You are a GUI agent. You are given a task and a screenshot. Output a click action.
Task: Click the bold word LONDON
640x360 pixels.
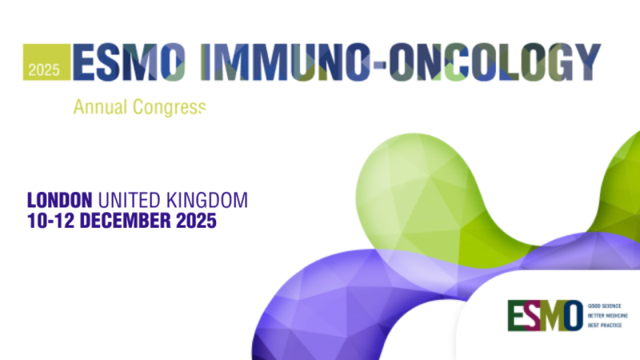point(61,199)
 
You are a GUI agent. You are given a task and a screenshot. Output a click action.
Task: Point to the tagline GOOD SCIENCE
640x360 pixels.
point(605,306)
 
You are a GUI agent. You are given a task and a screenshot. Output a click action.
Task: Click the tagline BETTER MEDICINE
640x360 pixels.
point(608,316)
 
